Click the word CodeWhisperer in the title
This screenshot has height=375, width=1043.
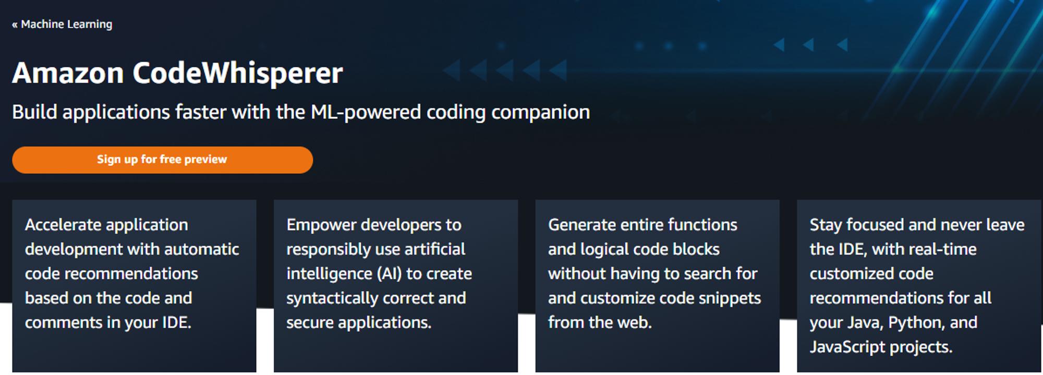pyautogui.click(x=238, y=73)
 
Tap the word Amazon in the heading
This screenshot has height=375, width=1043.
pyautogui.click(x=68, y=73)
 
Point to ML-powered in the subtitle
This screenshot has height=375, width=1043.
pyautogui.click(x=366, y=113)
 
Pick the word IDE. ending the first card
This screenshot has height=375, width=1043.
pyautogui.click(x=177, y=322)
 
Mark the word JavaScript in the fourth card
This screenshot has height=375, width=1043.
pyautogui.click(x=847, y=347)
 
